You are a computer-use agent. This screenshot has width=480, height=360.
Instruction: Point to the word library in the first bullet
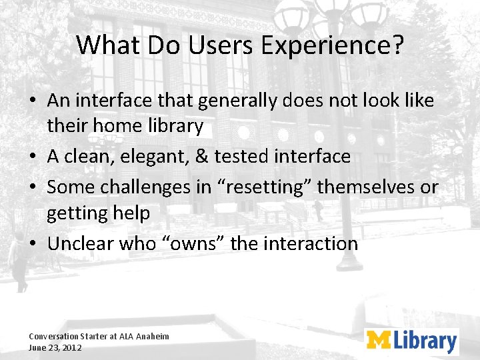[172, 126]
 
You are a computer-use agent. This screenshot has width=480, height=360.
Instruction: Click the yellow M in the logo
[379, 341]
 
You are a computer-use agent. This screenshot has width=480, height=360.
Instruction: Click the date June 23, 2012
[55, 347]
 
